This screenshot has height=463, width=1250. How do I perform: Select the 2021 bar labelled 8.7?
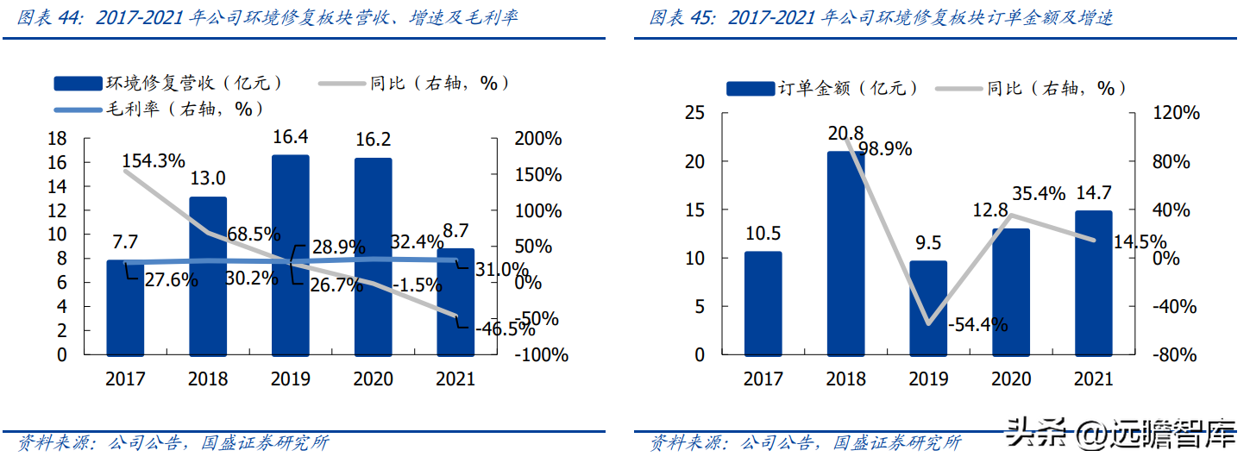455,302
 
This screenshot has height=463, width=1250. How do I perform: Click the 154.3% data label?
154,160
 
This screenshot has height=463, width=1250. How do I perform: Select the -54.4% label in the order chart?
977,325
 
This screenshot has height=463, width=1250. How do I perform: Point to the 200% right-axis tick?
537,139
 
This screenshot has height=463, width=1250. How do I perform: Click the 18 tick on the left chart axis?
57,139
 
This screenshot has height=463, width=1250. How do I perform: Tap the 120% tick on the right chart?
1176,113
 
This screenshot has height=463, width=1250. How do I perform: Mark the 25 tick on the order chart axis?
694,113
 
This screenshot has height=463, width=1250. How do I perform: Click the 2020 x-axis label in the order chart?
1011,379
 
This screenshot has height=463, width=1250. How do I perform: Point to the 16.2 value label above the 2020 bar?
373,140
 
